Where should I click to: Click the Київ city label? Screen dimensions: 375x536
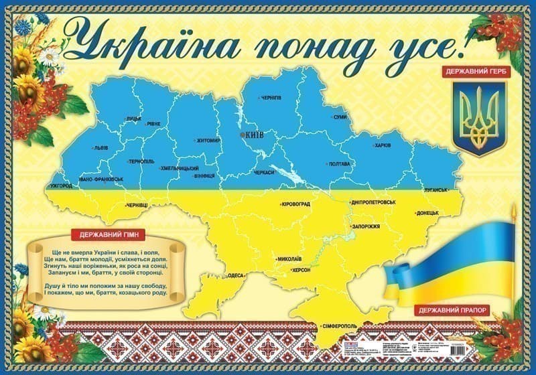(x=255, y=135)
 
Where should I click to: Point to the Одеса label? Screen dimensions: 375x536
(x=236, y=275)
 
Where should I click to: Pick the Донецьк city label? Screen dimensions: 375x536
(x=427, y=213)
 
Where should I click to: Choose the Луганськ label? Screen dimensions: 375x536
(x=435, y=190)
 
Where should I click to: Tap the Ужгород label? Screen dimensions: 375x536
(x=61, y=185)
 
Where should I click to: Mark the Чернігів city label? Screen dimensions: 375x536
(x=271, y=98)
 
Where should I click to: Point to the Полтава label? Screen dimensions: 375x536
(x=339, y=164)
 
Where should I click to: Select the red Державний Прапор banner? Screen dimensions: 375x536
(x=453, y=310)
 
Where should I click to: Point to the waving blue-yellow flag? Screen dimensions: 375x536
(x=456, y=261)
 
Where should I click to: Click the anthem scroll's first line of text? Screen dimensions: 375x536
(x=103, y=250)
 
